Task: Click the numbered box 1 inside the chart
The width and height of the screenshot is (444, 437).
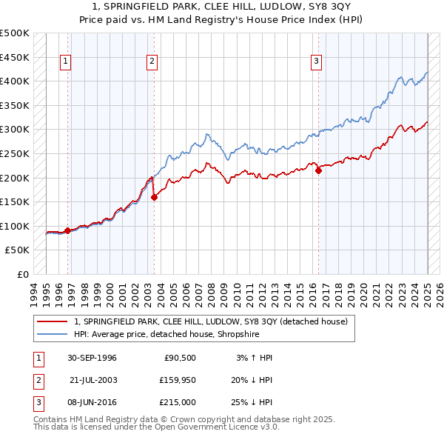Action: click(66, 62)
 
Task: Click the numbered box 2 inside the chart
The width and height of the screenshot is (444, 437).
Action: click(152, 62)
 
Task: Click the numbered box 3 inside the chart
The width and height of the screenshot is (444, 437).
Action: click(316, 62)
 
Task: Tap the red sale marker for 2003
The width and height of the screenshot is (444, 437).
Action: click(155, 197)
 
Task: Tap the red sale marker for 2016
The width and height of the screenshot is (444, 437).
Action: click(319, 170)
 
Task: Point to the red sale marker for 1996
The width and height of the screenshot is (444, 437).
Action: click(67, 230)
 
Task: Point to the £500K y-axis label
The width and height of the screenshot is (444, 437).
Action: click(15, 33)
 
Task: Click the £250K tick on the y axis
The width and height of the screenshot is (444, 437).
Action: click(15, 153)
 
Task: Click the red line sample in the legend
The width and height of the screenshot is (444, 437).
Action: click(52, 321)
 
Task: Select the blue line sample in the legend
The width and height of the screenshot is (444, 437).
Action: click(52, 334)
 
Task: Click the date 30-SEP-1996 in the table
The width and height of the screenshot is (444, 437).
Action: click(92, 358)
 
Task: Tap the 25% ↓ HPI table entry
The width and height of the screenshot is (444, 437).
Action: click(252, 402)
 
